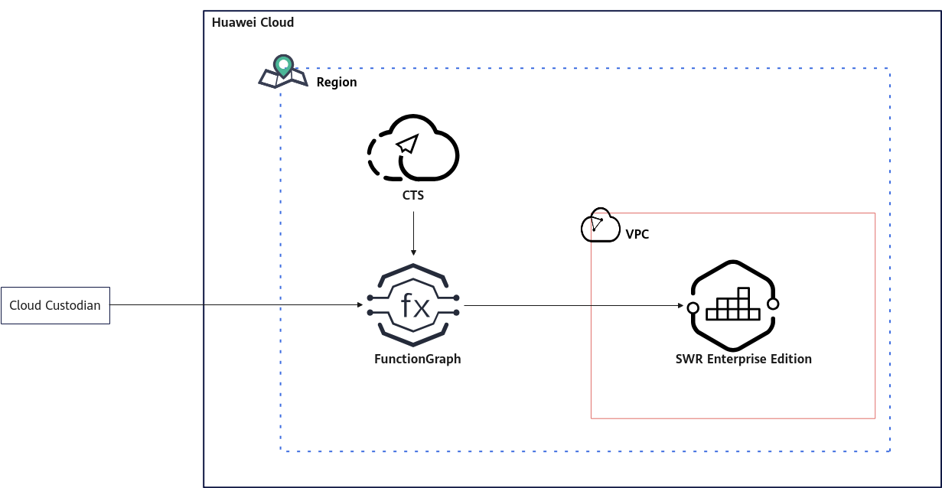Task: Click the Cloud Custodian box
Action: (x=56, y=306)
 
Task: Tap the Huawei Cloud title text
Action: (x=253, y=22)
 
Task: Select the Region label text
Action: (x=337, y=83)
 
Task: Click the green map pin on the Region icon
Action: (x=283, y=66)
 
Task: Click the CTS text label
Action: (x=413, y=196)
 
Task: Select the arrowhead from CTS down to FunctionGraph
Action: (x=413, y=252)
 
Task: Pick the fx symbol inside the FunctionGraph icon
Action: (x=415, y=305)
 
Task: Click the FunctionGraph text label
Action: (x=418, y=359)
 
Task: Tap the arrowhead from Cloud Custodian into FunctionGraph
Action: (x=360, y=304)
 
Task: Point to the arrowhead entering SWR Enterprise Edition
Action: (x=681, y=306)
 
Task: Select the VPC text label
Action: (x=637, y=234)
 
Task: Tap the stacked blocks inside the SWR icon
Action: (x=733, y=304)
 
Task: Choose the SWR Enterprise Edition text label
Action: (x=744, y=359)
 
